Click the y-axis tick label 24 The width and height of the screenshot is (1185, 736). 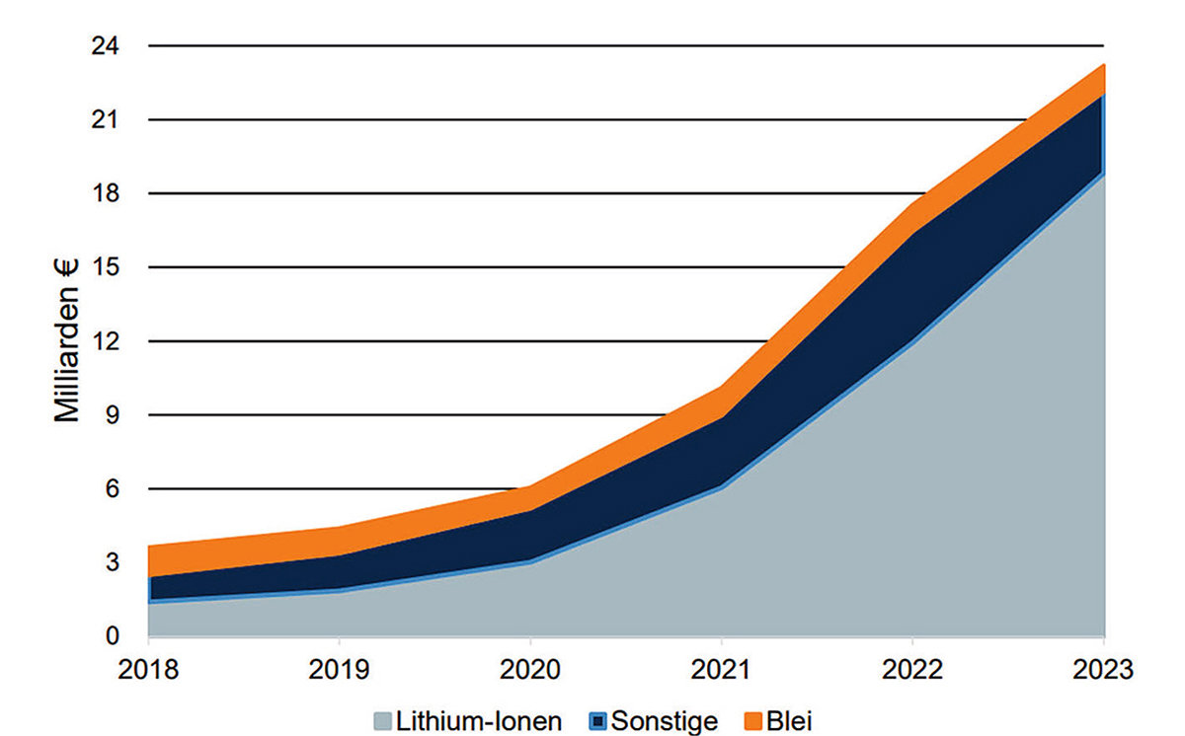(106, 46)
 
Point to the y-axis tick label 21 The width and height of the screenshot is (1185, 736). (106, 120)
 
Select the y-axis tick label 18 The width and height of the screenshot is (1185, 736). (106, 194)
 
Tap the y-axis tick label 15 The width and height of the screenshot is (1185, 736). (106, 268)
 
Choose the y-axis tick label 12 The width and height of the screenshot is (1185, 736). (106, 342)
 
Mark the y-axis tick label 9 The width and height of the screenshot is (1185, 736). (113, 415)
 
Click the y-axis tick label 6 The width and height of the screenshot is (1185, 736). (113, 489)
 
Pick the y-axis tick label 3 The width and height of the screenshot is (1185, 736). (113, 563)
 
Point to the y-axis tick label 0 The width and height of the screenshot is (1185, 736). (113, 637)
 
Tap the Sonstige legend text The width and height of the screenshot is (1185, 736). (665, 721)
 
